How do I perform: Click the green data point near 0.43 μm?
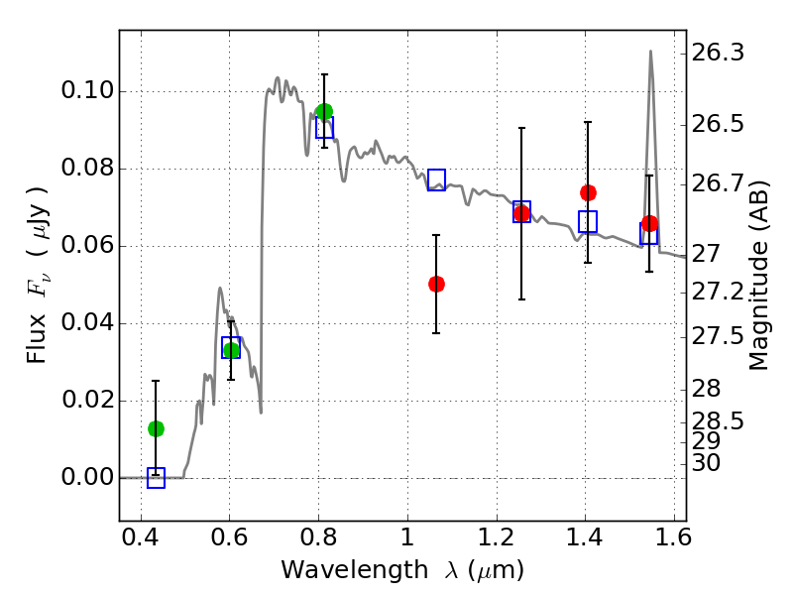pyautogui.click(x=156, y=428)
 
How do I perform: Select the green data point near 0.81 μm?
pyautogui.click(x=324, y=111)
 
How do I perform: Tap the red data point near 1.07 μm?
pyautogui.click(x=436, y=284)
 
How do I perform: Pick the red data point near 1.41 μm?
pyautogui.click(x=588, y=192)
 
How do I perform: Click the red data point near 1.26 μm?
pyautogui.click(x=521, y=213)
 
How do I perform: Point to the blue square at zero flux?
pyautogui.click(x=156, y=478)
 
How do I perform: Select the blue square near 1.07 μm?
pyautogui.click(x=436, y=179)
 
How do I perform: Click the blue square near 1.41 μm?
pyautogui.click(x=588, y=222)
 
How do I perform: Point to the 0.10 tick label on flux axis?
pyautogui.click(x=86, y=92)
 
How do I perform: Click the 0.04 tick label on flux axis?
pyautogui.click(x=86, y=324)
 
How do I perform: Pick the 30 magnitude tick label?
pyautogui.click(x=714, y=463)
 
